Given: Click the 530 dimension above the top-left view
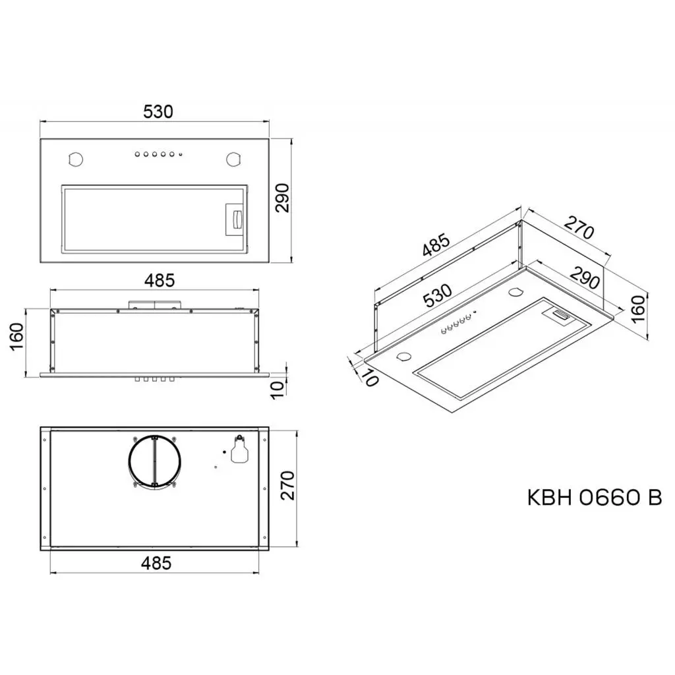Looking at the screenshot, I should [158, 111].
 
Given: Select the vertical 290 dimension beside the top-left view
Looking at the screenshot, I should [283, 198].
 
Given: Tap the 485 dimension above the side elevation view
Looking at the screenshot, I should [160, 280].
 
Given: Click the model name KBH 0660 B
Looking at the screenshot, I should [594, 497].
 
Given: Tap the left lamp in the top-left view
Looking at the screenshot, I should [75, 160].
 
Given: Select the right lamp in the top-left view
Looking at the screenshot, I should [234, 160].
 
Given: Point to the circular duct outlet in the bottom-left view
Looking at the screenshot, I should [153, 461].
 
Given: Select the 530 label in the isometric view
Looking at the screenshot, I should [437, 296].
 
